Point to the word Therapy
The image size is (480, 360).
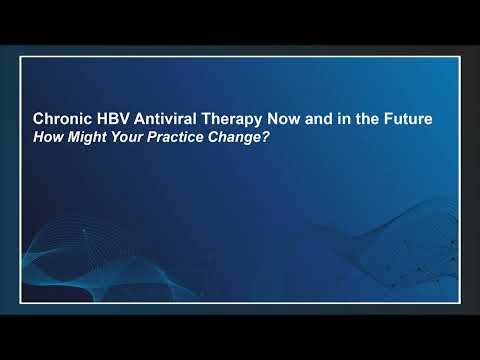[233, 118]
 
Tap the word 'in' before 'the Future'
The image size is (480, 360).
[346, 118]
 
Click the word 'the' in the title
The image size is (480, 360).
[368, 118]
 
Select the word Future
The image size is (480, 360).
[410, 118]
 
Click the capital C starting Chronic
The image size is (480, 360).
[39, 118]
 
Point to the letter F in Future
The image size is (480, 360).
[389, 118]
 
